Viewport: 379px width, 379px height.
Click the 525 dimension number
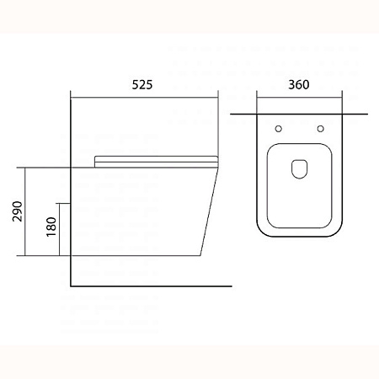[142, 84]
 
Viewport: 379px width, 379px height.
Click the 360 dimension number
[299, 84]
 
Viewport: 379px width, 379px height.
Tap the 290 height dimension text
[18, 211]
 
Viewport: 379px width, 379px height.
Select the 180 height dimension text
[51, 227]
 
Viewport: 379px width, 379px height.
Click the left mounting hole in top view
[279, 129]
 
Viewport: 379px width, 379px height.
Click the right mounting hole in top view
[320, 129]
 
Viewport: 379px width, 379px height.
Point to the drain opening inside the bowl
[300, 169]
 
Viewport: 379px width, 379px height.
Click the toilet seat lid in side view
[157, 162]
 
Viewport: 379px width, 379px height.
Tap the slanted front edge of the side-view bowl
[209, 211]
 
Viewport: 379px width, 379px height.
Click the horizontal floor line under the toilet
[152, 286]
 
